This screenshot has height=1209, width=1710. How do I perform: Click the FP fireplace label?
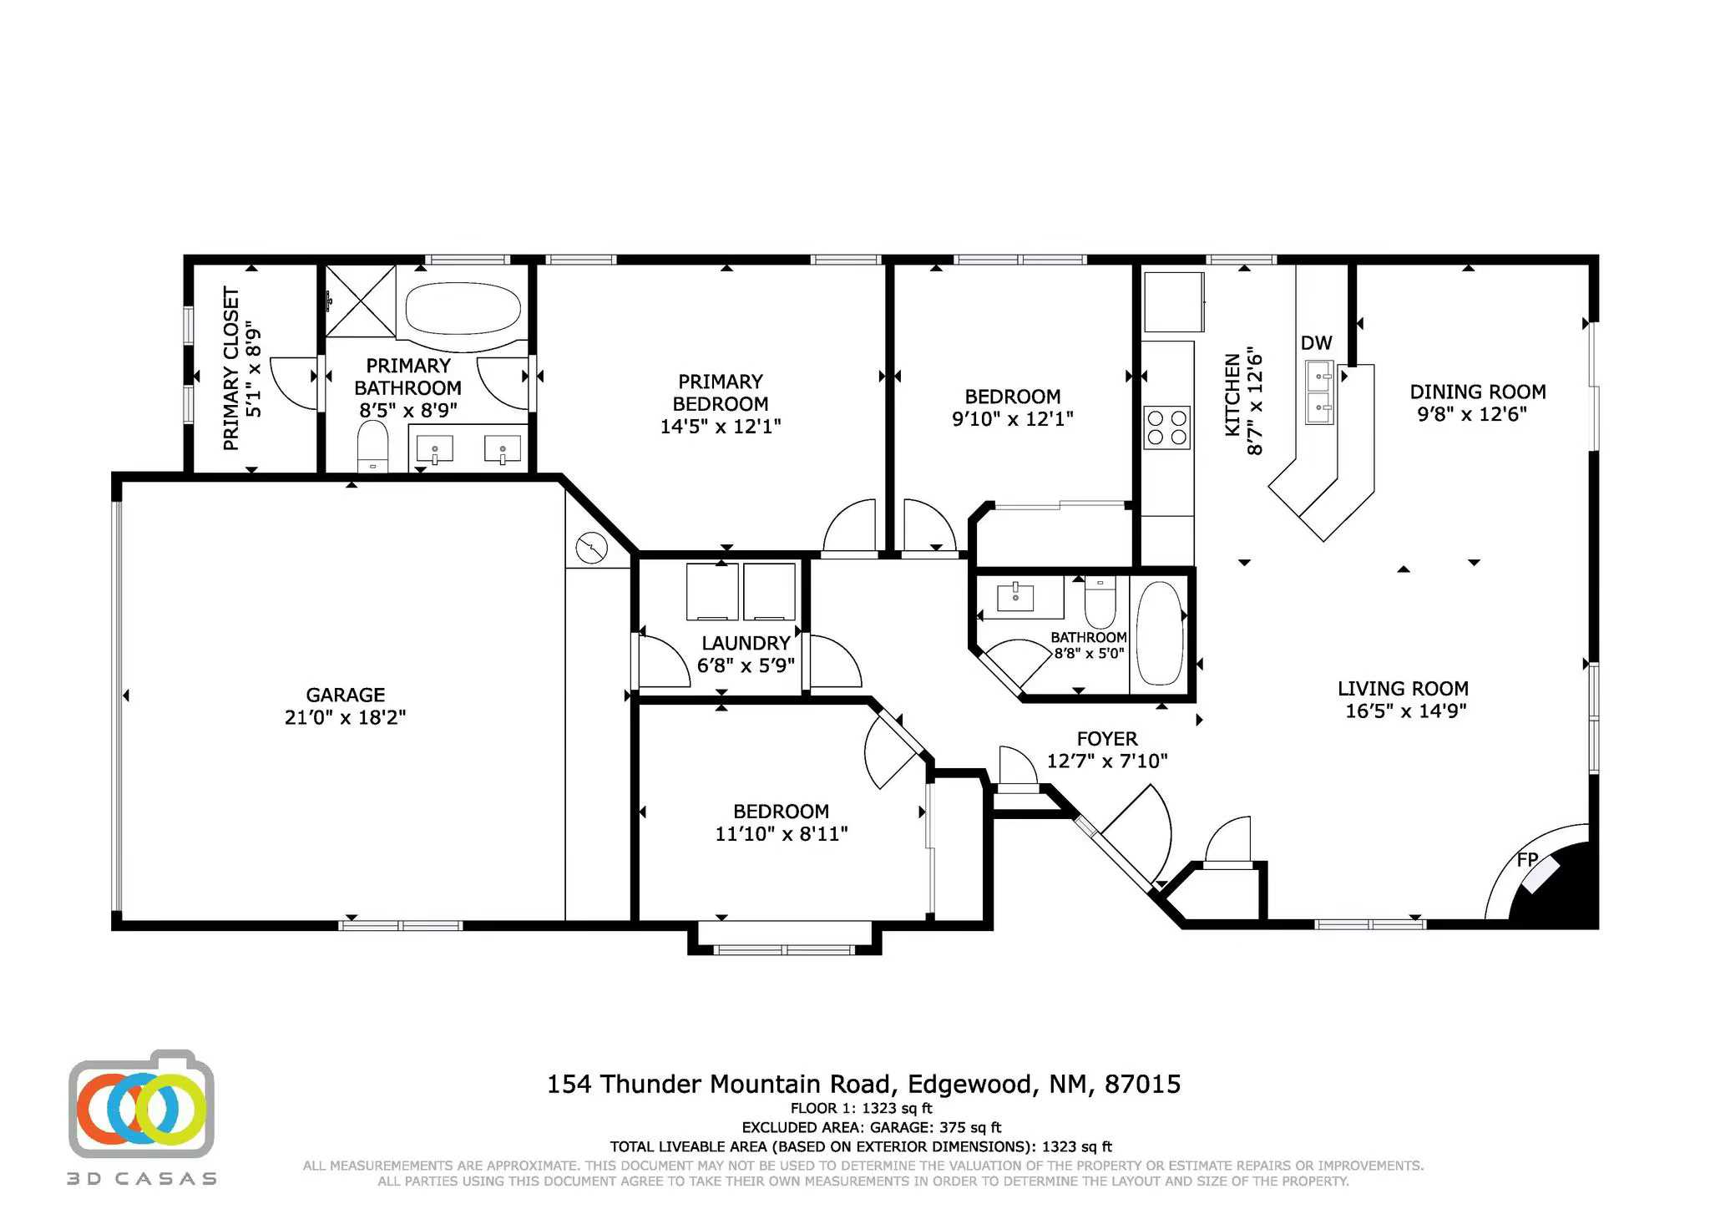pos(1527,859)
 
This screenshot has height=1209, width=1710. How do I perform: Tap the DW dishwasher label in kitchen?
pos(1316,343)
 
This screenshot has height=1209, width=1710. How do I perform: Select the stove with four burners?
pos(1166,427)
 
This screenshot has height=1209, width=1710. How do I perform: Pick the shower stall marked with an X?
pos(360,301)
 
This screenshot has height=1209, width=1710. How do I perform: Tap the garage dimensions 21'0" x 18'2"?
pos(345,717)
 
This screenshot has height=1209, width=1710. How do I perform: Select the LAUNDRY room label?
pos(746,643)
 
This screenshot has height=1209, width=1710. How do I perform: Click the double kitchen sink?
pos(1319,392)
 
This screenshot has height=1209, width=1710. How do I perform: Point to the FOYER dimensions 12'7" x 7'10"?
pos(1107,761)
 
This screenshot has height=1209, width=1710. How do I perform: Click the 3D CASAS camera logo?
pos(141,1105)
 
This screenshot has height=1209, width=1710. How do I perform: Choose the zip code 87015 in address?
pos(1142,1084)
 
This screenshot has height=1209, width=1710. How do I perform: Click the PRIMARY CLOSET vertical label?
pos(231,368)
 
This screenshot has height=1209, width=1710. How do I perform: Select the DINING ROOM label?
pos(1477,392)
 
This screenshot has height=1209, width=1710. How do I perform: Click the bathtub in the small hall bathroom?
pos(1159,634)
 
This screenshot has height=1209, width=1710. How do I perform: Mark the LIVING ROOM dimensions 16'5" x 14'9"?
pos(1406,711)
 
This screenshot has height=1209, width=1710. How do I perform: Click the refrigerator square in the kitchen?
pos(1173,301)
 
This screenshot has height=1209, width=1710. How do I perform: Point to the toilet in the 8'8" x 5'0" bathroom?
pos(1100,604)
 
